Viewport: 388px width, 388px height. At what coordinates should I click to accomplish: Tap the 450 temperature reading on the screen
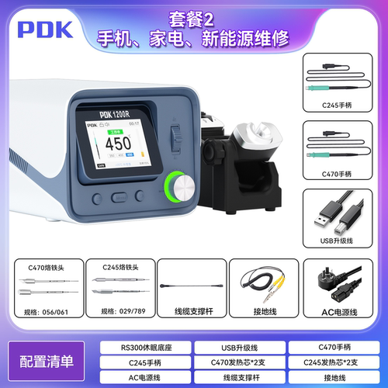pos(118,144)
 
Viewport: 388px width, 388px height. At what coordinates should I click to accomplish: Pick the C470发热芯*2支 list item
pos(238,361)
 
